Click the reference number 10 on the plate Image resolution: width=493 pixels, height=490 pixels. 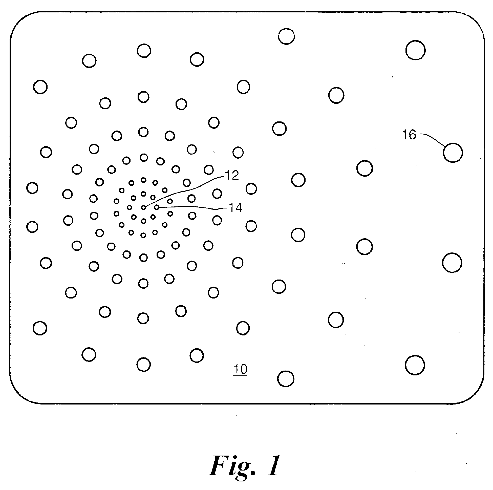240,369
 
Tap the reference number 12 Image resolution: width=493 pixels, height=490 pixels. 232,175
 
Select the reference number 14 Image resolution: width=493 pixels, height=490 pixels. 235,208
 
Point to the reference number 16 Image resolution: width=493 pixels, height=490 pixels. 409,135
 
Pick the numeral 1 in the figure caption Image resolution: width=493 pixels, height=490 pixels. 274,466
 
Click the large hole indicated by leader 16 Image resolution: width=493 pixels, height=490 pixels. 453,153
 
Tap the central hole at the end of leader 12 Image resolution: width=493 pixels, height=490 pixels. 144,207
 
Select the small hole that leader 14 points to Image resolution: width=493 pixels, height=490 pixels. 157,207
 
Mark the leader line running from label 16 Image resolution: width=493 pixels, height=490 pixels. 434,138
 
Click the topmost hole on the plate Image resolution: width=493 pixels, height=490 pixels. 286,36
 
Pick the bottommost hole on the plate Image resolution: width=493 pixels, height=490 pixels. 286,379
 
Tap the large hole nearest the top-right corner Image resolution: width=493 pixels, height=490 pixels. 415,50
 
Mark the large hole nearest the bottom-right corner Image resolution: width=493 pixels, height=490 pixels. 415,365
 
